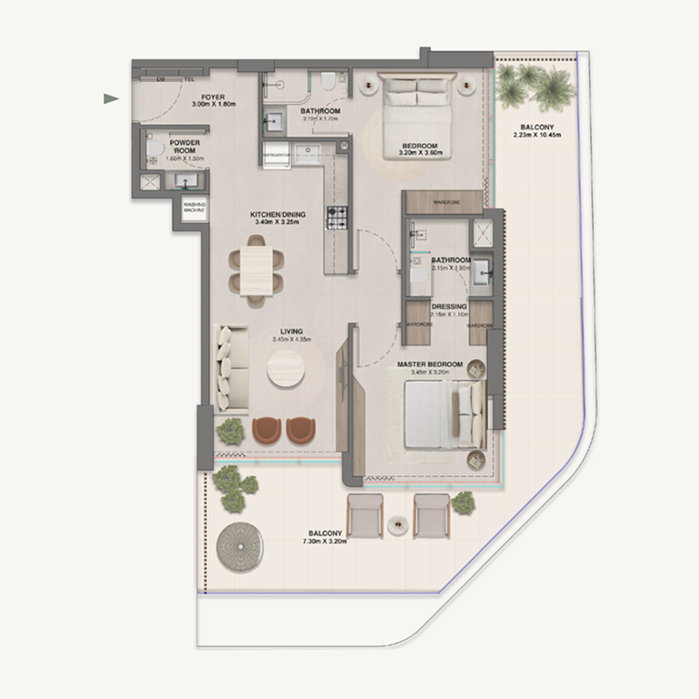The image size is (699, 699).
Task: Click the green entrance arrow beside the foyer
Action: coord(111,99)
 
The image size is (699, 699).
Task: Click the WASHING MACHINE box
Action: coord(194,208)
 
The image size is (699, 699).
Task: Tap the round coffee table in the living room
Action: coord(286,368)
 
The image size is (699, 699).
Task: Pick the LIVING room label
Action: coord(291,332)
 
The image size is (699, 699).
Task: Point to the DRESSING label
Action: coord(449,308)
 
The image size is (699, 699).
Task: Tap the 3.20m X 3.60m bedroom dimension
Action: coord(422,154)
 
